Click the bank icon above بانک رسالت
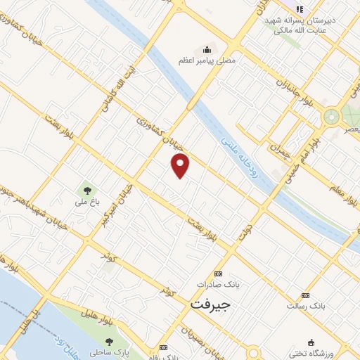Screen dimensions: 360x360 tap(304, 295)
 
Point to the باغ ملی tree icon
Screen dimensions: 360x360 tap(87, 189)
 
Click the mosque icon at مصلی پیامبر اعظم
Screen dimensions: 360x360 tap(207, 49)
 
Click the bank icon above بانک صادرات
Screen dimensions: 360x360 tap(218, 274)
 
